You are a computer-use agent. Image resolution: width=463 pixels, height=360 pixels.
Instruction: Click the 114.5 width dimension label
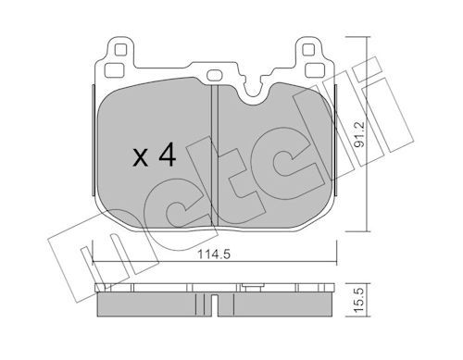coord(214,254)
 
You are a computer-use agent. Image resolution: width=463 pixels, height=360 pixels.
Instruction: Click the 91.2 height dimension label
coord(359,134)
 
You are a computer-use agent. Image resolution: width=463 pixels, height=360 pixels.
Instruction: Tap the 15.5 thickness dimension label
coord(359,299)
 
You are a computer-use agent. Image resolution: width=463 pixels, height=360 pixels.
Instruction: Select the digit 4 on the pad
coord(168,156)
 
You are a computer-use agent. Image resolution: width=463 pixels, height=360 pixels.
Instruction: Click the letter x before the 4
coord(141,158)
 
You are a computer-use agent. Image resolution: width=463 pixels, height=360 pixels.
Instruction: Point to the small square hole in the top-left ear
coord(120,50)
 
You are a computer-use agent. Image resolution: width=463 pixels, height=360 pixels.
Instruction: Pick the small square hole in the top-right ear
coord(307,50)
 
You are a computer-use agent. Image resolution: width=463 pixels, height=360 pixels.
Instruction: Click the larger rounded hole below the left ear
coord(114,70)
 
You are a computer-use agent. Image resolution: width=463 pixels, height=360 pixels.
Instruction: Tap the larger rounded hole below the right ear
coord(315,70)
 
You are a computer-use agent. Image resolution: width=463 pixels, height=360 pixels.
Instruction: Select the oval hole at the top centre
coord(214,75)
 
